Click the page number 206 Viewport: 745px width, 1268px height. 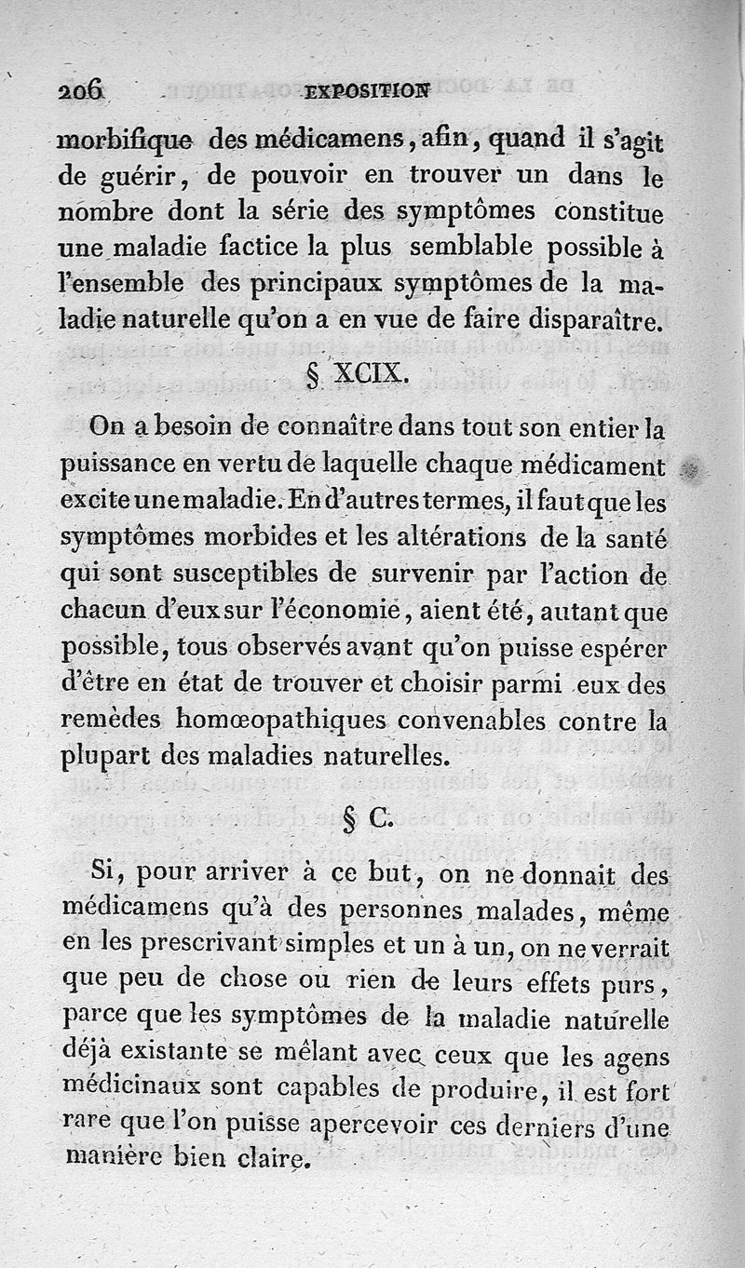[83, 90]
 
